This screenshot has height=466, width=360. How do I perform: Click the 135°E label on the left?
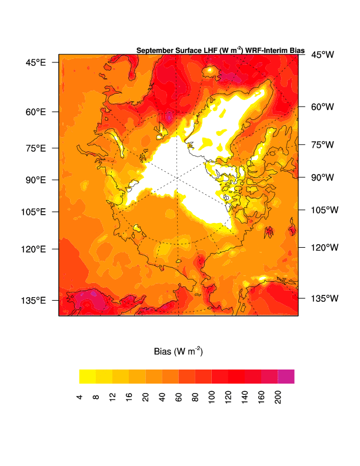tap(35, 301)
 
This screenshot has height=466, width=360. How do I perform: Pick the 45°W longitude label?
tap(322, 55)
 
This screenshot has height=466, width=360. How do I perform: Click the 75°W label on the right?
tap(322, 144)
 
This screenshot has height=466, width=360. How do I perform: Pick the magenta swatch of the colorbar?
tap(286, 377)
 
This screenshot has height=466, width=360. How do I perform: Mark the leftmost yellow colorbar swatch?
tap(88, 377)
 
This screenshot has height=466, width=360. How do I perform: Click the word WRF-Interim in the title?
tap(266, 51)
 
